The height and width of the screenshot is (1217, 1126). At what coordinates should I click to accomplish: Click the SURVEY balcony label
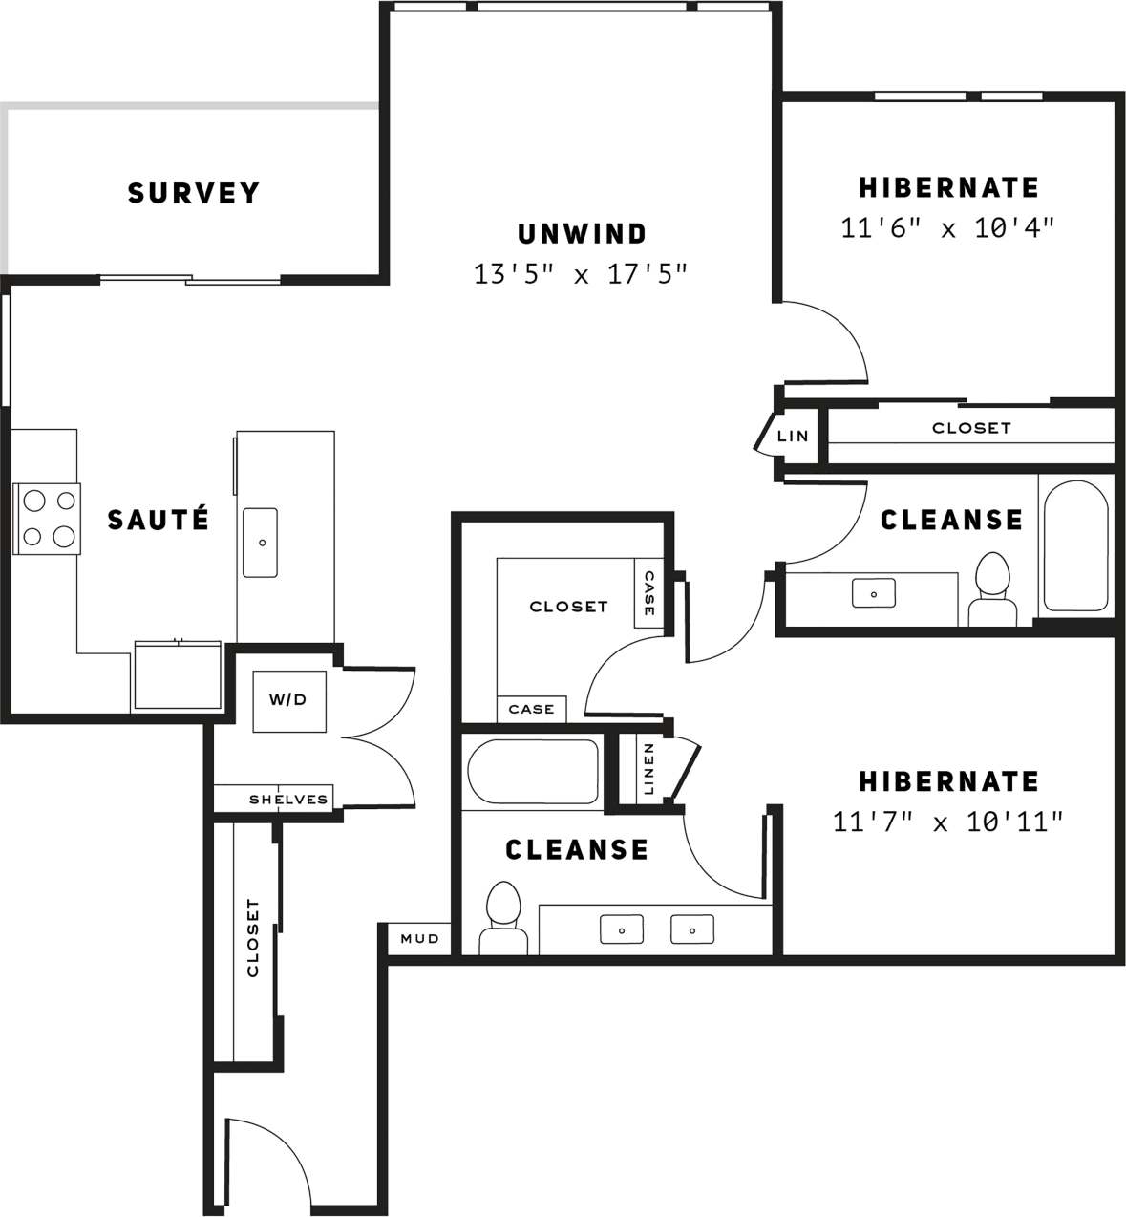[193, 193]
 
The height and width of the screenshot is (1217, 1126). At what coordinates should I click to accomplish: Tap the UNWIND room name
[582, 233]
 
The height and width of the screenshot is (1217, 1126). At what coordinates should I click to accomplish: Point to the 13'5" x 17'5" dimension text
[581, 275]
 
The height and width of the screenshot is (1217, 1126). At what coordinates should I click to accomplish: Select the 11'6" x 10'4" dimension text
[947, 228]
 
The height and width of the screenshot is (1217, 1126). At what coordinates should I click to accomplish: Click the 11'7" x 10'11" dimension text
[947, 822]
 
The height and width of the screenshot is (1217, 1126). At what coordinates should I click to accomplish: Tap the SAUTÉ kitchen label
[158, 520]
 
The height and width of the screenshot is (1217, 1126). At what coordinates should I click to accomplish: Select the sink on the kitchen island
[260, 543]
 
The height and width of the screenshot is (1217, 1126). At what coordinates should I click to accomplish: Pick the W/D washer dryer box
[288, 700]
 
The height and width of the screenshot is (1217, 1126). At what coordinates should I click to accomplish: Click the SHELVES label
[287, 800]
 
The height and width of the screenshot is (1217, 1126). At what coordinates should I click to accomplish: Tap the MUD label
[419, 939]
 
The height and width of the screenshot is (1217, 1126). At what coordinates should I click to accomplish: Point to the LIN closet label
[793, 436]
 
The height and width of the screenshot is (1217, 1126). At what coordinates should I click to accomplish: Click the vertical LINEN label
[648, 768]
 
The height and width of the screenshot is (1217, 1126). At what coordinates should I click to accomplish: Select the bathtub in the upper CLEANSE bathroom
[1075, 545]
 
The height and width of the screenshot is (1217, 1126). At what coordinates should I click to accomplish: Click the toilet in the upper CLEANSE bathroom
[992, 589]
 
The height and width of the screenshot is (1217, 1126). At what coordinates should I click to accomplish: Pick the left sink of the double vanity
[621, 929]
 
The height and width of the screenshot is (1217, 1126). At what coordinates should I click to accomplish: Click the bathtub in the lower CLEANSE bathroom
[532, 771]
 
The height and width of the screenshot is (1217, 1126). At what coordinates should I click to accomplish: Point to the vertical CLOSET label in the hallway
[253, 937]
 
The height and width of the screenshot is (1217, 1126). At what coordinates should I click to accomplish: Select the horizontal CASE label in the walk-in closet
[531, 709]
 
